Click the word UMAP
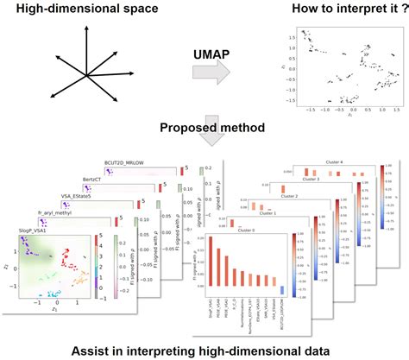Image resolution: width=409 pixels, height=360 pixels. pos(208,53)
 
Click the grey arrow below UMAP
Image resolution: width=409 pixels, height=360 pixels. pos(210,80)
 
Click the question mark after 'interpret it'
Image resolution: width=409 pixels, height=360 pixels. pos(382,10)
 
